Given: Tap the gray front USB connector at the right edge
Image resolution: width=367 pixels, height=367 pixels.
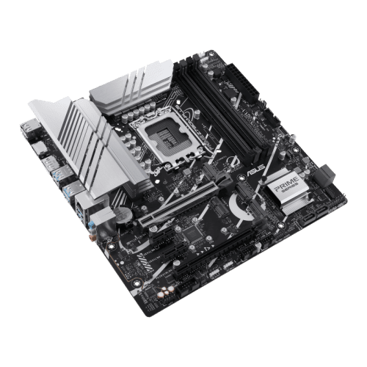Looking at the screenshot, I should pyautogui.click(x=326, y=175).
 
